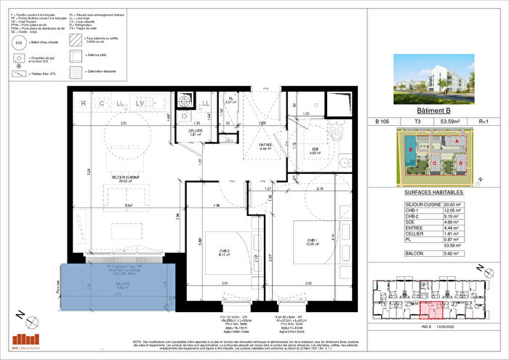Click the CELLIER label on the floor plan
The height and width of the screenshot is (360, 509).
tap(195, 130)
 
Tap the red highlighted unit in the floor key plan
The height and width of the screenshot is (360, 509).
tap(429, 311)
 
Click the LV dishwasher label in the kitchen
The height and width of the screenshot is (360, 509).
tap(140, 103)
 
